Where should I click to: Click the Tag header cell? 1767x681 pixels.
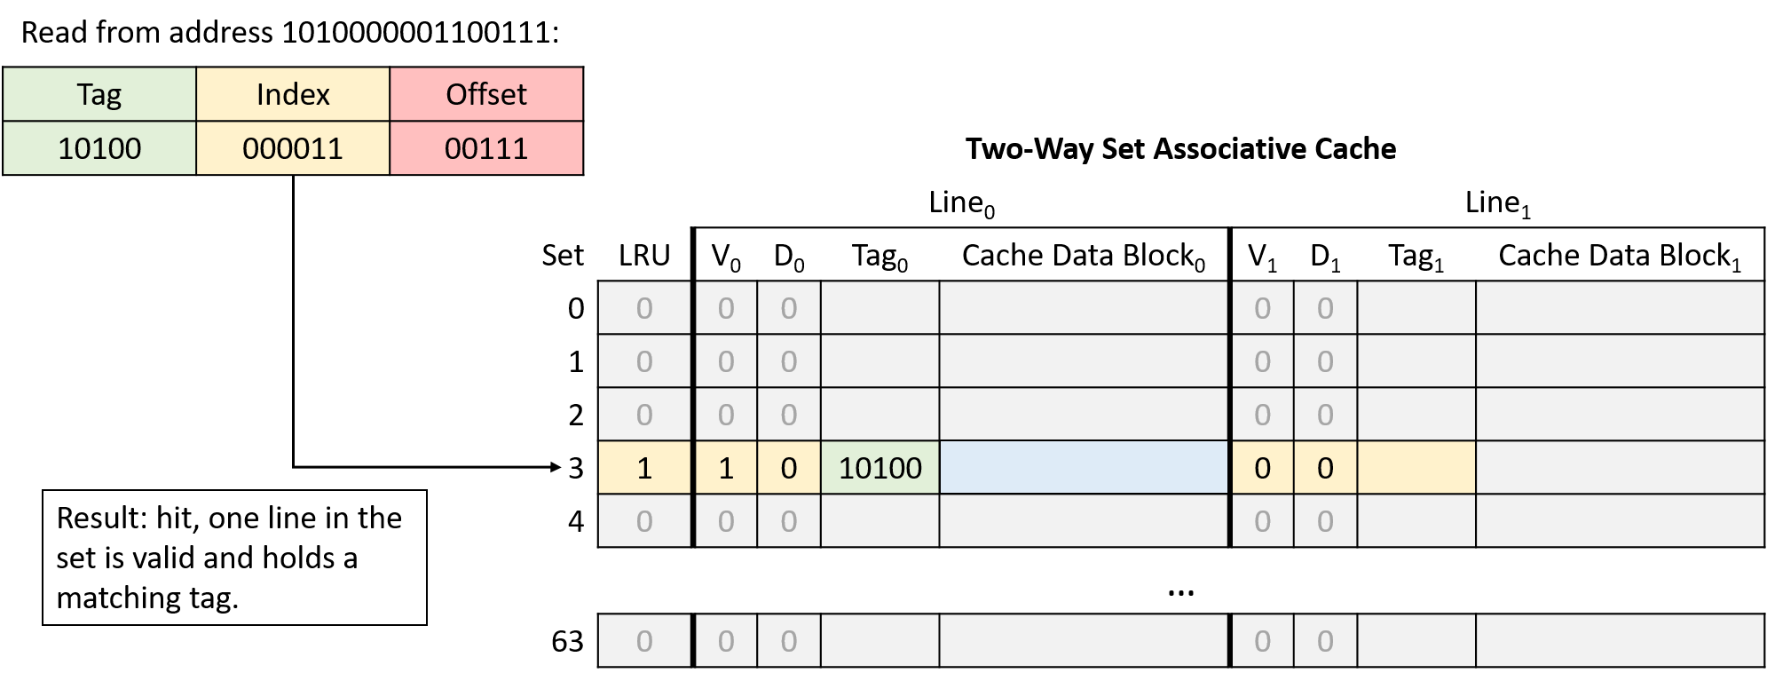click(99, 94)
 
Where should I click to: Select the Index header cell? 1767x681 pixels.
click(293, 94)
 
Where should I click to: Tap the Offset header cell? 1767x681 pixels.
click(486, 94)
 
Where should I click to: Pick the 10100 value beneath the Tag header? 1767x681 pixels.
click(99, 148)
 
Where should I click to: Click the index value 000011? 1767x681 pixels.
click(293, 148)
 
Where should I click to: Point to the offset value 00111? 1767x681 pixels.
click(486, 148)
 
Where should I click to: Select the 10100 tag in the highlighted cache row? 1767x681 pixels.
click(880, 468)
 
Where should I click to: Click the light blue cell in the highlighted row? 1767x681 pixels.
click(1084, 468)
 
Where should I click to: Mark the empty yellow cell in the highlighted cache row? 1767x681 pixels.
click(1416, 468)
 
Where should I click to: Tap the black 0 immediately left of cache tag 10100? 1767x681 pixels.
click(788, 468)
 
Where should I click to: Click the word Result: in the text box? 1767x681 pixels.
click(100, 519)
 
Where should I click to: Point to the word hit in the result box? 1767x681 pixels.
click(177, 519)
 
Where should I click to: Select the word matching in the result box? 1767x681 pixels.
click(118, 598)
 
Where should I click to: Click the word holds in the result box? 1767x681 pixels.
click(299, 558)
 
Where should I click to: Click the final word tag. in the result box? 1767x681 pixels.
click(214, 598)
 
